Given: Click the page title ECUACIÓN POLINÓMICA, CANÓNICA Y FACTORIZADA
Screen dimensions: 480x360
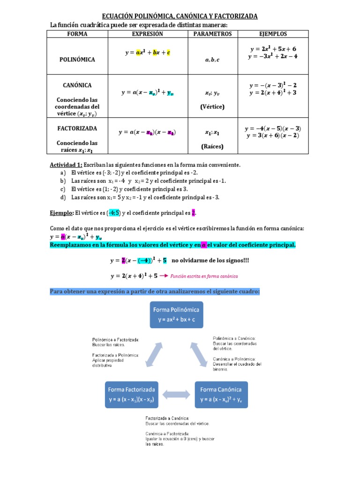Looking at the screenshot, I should click(x=180, y=16).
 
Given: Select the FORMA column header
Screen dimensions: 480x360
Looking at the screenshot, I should click(x=77, y=34).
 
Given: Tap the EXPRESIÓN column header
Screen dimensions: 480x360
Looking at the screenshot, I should click(x=148, y=34).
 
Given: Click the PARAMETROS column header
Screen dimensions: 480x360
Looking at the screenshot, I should click(x=212, y=34).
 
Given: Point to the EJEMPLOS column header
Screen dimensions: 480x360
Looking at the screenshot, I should click(x=273, y=34).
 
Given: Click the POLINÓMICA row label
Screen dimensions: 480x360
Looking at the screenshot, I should click(x=77, y=60).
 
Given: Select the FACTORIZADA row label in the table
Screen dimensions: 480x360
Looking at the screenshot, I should click(x=77, y=128).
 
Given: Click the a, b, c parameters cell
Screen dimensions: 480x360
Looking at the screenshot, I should click(x=212, y=60).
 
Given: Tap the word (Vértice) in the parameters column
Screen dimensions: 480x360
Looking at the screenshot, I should click(x=212, y=106).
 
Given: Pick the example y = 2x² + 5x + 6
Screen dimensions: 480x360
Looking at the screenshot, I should click(x=273, y=49).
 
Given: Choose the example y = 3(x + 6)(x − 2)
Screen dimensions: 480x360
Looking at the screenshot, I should click(x=273, y=136).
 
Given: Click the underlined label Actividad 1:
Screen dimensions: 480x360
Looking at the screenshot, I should click(x=66, y=165).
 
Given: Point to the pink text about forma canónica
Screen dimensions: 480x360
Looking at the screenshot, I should click(x=204, y=276).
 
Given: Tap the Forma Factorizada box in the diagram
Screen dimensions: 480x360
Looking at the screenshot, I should click(x=132, y=394).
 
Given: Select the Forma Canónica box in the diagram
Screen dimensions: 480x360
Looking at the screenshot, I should click(x=221, y=394).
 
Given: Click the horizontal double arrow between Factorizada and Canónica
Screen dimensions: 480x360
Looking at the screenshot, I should click(x=176, y=395).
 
